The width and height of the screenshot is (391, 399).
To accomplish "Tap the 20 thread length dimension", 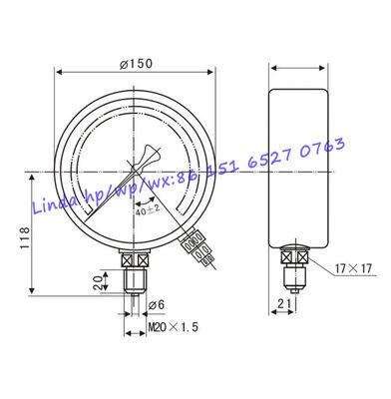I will tap(99, 282).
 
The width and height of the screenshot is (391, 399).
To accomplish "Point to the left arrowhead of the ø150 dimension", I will tap(61, 72).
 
